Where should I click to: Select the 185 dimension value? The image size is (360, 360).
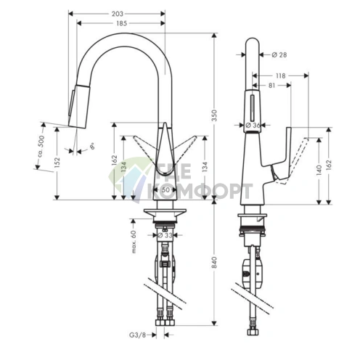120,25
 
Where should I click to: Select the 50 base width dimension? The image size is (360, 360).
165,189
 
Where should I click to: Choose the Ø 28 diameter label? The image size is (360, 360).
280,54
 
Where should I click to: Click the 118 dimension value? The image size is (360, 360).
279,75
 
